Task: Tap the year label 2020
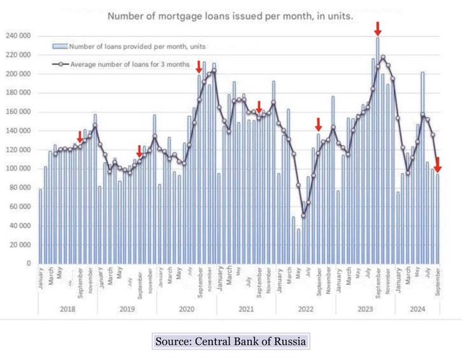pyautogui.click(x=185, y=309)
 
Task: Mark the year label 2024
pyautogui.click(x=417, y=309)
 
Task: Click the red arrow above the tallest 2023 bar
pyautogui.click(x=378, y=29)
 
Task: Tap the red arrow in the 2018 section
pyautogui.click(x=80, y=137)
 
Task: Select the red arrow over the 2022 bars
pyautogui.click(x=318, y=124)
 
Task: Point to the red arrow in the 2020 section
pyautogui.click(x=200, y=67)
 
